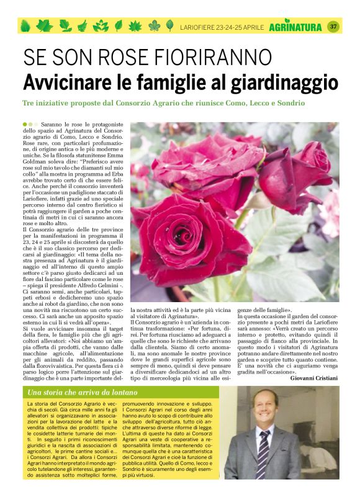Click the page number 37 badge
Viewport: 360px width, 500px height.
coord(333,27)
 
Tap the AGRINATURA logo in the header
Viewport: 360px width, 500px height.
coord(295,27)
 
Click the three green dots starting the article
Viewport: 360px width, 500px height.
coord(29,125)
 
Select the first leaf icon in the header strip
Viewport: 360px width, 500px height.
coord(25,27)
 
